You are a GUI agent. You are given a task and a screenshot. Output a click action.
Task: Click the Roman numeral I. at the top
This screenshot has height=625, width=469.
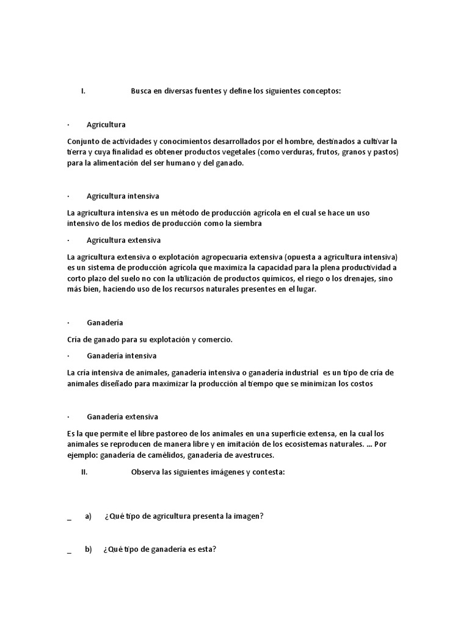coord(83,91)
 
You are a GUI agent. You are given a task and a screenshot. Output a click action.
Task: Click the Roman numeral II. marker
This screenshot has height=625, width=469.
coord(85,472)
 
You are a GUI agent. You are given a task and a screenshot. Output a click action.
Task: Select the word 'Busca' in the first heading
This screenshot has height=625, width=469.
coord(141,91)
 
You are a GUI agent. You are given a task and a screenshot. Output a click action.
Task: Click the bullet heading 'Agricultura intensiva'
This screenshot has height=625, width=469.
coord(123,196)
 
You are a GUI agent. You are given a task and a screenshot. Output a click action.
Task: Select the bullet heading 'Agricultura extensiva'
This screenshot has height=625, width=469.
coord(123,240)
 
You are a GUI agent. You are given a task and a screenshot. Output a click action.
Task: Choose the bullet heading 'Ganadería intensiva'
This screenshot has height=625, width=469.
coord(122,355)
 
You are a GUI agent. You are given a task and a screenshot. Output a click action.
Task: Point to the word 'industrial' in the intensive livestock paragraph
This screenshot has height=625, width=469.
coord(300,372)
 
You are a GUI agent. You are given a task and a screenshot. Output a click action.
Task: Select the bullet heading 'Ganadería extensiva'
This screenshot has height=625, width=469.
coord(122,416)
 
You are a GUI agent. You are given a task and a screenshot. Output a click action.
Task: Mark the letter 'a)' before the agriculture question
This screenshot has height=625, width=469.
coord(88,516)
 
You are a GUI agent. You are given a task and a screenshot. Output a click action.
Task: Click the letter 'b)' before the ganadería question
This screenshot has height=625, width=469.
coord(88,549)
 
